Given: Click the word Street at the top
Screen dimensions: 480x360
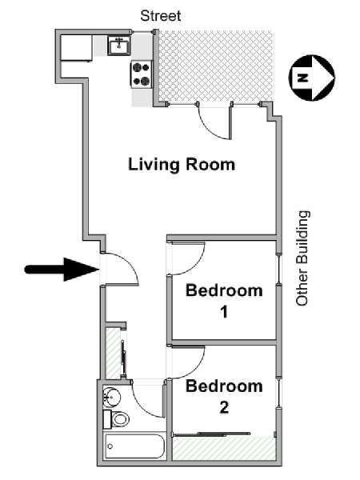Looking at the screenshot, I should click(x=161, y=15).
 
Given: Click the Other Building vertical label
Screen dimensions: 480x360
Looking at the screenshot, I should click(x=302, y=258).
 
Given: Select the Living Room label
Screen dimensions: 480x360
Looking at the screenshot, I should click(x=182, y=165).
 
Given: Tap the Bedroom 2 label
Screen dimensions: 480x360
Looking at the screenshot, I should click(x=224, y=396).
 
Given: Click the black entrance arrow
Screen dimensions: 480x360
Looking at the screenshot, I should click(x=61, y=270).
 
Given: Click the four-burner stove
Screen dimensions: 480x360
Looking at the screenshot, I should click(x=142, y=74).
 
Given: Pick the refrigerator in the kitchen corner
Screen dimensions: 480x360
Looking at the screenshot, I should click(x=76, y=48).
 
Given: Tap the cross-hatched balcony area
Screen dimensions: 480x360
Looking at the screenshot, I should click(x=214, y=67).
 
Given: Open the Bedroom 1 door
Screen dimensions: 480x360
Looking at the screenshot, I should click(x=186, y=256).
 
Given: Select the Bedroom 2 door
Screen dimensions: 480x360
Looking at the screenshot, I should click(x=186, y=361).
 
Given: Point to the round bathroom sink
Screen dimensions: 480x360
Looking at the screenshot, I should click(x=111, y=396).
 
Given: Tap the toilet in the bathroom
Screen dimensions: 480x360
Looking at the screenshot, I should click(x=117, y=419).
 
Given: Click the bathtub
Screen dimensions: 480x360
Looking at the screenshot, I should click(x=133, y=446).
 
